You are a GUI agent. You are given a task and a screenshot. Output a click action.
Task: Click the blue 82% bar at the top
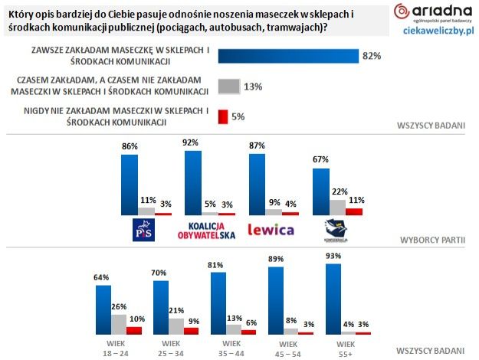click(288, 56)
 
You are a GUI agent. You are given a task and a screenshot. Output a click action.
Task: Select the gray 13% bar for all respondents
click(228, 86)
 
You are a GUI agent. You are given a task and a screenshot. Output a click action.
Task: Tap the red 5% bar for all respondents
click(223, 116)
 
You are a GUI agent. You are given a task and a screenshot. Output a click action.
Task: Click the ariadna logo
click(432, 12)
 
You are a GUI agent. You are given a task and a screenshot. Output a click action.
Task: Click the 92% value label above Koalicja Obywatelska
click(192, 142)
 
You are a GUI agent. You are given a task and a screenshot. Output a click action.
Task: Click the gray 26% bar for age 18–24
click(118, 324)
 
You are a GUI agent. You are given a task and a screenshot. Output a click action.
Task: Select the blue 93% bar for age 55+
click(333, 299)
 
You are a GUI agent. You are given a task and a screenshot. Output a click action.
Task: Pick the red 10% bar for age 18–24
click(134, 330)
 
